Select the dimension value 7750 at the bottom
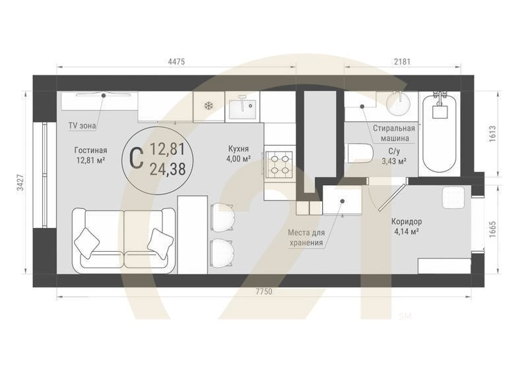[x=263, y=291]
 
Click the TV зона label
[x=82, y=125]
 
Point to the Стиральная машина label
[x=393, y=133]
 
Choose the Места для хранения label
[x=307, y=238]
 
